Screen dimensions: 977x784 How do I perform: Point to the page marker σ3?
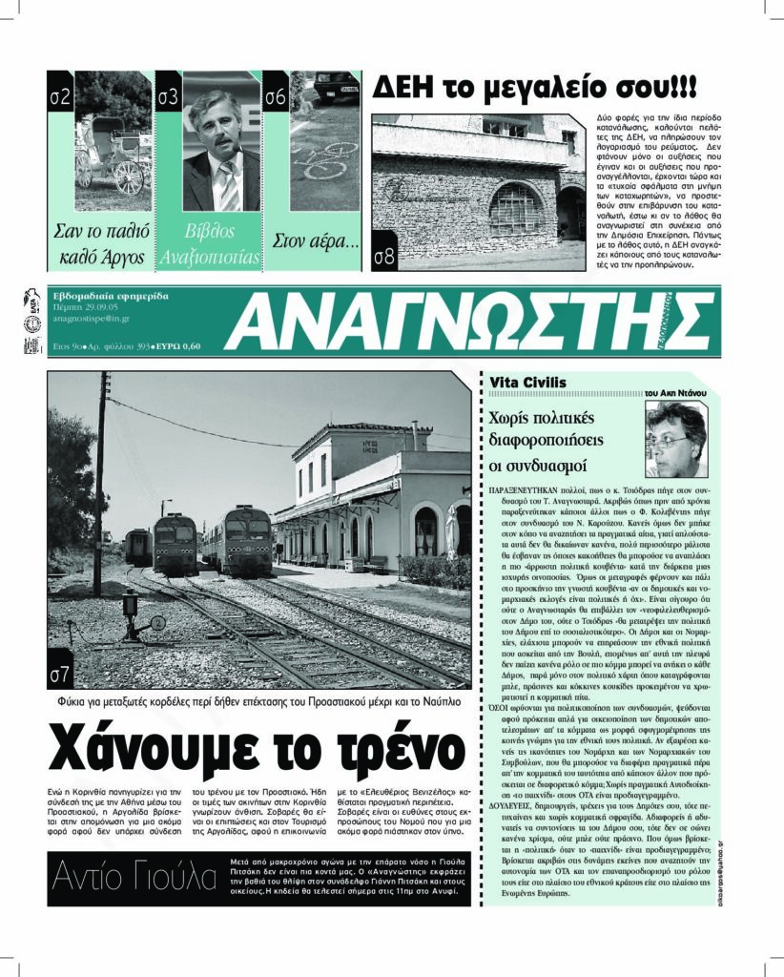[169, 95]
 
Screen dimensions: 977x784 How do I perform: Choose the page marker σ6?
[276, 95]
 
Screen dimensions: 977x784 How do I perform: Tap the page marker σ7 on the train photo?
[60, 675]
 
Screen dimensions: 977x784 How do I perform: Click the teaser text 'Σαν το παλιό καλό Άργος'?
[100, 243]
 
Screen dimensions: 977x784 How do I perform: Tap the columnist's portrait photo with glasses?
[675, 439]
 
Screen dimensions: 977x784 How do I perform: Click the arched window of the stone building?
[515, 209]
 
